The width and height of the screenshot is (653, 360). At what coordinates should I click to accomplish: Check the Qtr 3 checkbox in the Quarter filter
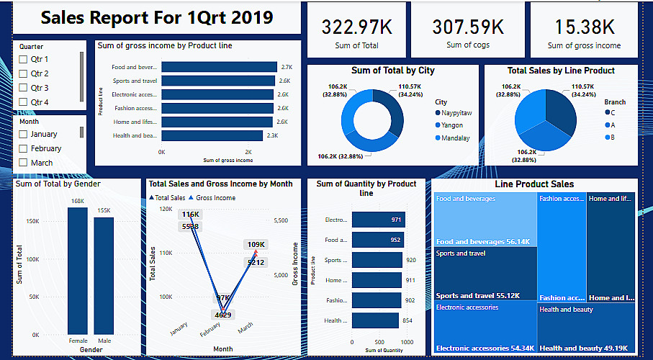pyautogui.click(x=23, y=88)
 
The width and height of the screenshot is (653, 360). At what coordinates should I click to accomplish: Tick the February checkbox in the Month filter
pyautogui.click(x=23, y=148)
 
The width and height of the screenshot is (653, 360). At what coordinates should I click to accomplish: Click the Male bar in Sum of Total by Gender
pyautogui.click(x=104, y=274)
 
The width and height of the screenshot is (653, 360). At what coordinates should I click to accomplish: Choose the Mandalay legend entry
pyautogui.click(x=456, y=137)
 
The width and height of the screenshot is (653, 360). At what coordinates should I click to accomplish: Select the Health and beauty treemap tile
pyautogui.click(x=585, y=328)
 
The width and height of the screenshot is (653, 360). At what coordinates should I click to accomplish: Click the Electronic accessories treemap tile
pyautogui.click(x=485, y=328)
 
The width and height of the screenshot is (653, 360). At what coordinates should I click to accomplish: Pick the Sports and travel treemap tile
pyautogui.click(x=485, y=274)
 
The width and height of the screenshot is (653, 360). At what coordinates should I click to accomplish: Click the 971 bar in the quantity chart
pyautogui.click(x=379, y=220)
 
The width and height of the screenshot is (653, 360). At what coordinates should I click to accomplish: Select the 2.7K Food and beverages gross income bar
pyautogui.click(x=219, y=67)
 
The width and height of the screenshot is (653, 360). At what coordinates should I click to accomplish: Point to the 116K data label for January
pyautogui.click(x=191, y=215)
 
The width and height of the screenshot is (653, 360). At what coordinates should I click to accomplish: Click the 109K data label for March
pyautogui.click(x=256, y=245)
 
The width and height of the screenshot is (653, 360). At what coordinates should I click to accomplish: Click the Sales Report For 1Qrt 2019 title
pyautogui.click(x=157, y=18)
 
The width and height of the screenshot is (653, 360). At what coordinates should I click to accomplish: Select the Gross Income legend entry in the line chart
pyautogui.click(x=215, y=197)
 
